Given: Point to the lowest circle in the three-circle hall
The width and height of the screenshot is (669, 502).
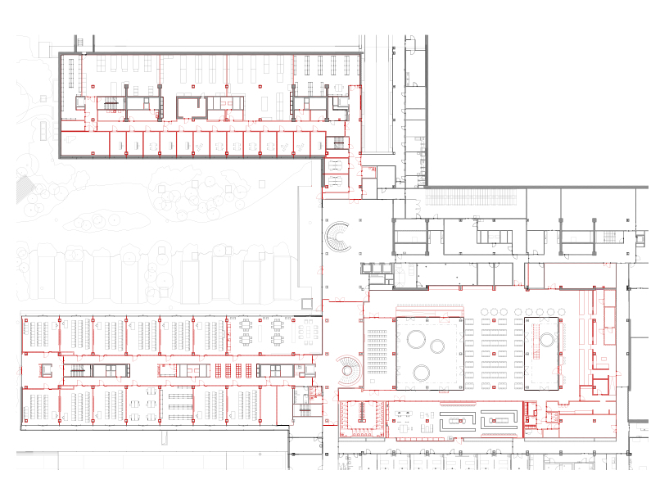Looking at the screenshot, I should click(x=423, y=373).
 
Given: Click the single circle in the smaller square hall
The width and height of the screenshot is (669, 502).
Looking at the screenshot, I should click(x=545, y=337).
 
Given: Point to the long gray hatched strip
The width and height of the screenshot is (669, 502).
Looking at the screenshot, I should click(x=471, y=197).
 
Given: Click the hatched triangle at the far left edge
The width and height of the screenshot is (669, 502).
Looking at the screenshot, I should click(x=24, y=185).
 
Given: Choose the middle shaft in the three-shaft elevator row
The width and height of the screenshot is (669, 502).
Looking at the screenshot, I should click(x=377, y=268).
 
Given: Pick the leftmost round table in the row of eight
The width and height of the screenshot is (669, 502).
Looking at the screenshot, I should click(x=484, y=312).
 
